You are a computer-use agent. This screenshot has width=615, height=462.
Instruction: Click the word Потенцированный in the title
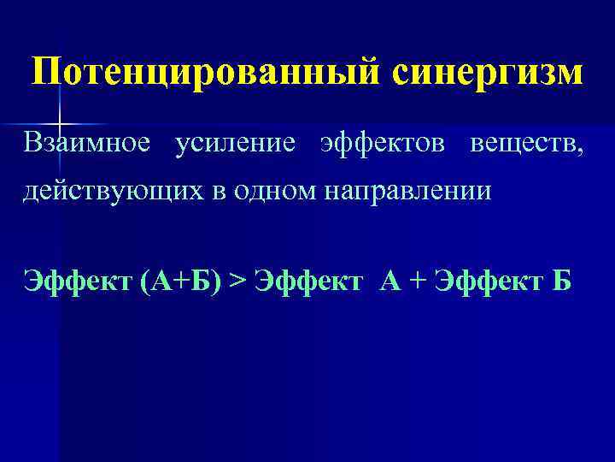pos(207,73)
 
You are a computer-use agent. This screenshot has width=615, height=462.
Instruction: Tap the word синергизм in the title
pos(488,73)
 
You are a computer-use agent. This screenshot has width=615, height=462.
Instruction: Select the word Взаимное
pos(86,145)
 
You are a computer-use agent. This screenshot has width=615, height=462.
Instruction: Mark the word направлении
pos(407,190)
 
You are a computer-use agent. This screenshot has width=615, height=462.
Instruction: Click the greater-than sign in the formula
pos(237,280)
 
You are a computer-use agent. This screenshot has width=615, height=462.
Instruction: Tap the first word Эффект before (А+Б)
pos(74,280)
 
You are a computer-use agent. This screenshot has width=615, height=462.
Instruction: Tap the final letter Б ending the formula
pos(561,280)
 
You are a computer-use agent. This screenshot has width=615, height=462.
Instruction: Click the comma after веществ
pos(583,152)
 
